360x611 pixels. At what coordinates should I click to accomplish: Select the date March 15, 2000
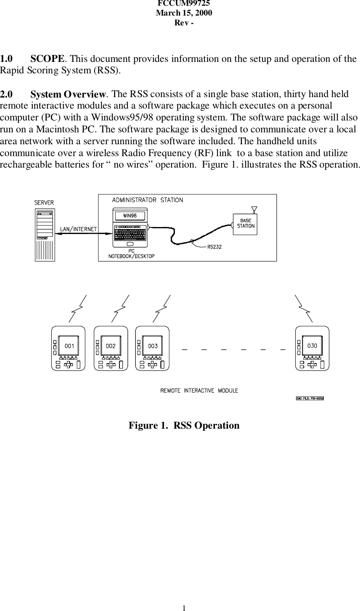[x=184, y=13]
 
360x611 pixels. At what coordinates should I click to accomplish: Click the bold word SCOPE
[x=47, y=59]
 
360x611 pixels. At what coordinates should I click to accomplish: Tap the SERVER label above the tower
[x=44, y=202]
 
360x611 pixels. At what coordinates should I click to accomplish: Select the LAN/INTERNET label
[x=79, y=229]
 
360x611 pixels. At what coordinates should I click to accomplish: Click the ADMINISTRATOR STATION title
[x=147, y=200]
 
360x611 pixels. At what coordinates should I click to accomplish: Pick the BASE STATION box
[x=245, y=224]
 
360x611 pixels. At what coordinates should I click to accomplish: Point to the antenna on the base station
[x=254, y=209]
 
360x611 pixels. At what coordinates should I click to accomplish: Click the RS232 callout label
[x=215, y=247]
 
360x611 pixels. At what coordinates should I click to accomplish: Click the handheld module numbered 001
[x=68, y=348]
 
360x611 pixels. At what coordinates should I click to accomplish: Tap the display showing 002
[x=111, y=346]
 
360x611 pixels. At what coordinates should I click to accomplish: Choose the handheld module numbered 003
[x=152, y=348]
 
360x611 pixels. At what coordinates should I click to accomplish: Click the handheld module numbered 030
[x=312, y=348]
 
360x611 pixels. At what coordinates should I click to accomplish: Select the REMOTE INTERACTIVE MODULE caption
[x=199, y=391]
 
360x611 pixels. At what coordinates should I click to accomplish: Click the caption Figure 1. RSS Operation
[x=184, y=425]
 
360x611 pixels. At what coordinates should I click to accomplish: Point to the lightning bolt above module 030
[x=304, y=308]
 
